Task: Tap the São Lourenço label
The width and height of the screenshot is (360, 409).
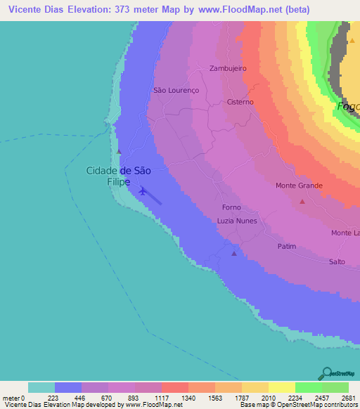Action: coord(176,91)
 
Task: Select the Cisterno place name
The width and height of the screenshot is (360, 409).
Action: coord(240,102)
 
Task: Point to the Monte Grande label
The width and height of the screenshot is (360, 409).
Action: coord(299,186)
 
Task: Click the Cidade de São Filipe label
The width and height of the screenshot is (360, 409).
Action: coord(117,175)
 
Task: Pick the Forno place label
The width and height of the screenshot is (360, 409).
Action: coord(231,207)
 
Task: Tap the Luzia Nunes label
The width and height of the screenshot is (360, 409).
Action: coord(237,221)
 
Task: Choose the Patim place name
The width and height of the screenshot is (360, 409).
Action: coord(287,246)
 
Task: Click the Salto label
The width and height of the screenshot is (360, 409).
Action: coord(337,261)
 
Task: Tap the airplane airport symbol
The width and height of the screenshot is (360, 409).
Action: coord(143,190)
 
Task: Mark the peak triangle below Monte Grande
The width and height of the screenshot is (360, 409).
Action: coord(302,202)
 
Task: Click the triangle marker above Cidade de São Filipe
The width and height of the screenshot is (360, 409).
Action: coord(120,151)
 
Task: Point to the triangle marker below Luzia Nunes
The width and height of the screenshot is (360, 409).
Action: coord(234,254)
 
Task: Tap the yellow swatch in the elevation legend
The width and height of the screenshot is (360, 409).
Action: coord(281,387)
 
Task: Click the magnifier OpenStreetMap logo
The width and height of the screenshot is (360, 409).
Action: coord(326,373)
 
